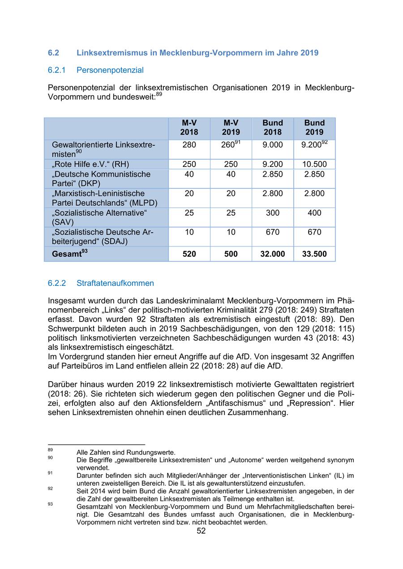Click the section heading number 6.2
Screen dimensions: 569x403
coord(53,53)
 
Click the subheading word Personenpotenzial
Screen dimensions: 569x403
coord(110,70)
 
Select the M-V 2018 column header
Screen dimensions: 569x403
coord(189,127)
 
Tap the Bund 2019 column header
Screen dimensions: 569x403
coord(314,127)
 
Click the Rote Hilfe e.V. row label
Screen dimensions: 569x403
coord(90,164)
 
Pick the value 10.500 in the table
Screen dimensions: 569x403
coord(314,164)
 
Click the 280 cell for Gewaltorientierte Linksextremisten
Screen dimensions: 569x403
coord(189,145)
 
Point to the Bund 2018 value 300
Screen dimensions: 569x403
coord(272,213)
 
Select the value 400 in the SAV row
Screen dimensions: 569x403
coord(314,213)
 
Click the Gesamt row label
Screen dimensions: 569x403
coord(67,254)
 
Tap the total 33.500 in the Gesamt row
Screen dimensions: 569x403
coord(314,254)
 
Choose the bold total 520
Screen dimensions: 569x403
coord(189,254)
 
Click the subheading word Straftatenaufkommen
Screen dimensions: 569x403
coord(115,283)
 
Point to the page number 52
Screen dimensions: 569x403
coord(201,531)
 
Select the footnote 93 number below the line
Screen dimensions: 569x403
coord(50,504)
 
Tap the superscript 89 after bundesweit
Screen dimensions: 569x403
coord(159,94)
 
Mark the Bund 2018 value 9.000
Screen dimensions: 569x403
coord(272,145)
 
